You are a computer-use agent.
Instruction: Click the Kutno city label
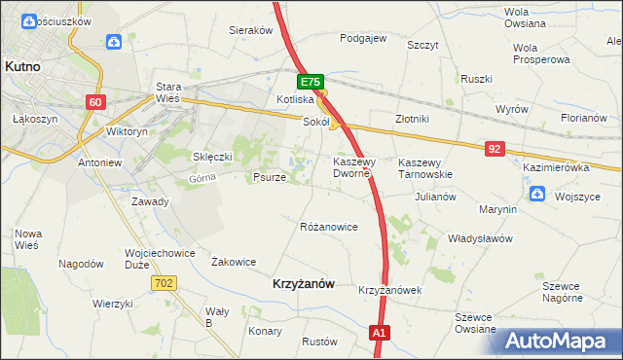(20, 66)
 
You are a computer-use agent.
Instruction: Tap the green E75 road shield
(310, 84)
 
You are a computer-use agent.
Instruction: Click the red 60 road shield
(94, 102)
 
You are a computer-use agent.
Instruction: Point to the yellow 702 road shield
(164, 282)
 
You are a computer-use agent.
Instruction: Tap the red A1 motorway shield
(381, 334)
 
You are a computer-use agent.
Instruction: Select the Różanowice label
(328, 227)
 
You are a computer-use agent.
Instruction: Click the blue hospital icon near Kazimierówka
(536, 195)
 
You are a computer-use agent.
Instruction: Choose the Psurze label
(269, 178)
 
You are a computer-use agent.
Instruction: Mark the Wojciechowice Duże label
(156, 258)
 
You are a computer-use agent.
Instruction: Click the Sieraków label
(250, 30)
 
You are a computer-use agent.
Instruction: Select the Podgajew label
(363, 39)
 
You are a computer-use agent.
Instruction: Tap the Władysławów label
(479, 237)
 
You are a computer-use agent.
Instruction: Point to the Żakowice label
(234, 262)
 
